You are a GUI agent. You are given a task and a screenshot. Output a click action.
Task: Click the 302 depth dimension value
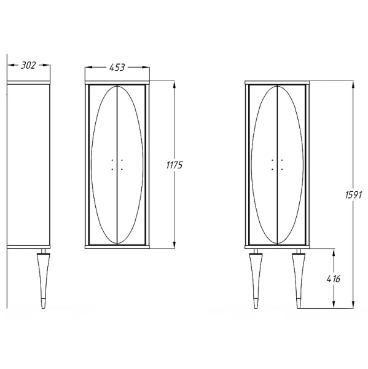click(28, 65)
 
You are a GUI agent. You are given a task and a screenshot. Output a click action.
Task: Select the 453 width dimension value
click(117, 68)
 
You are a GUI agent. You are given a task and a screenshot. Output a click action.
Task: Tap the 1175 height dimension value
click(174, 165)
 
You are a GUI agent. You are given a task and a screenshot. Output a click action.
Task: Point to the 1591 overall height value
click(353, 195)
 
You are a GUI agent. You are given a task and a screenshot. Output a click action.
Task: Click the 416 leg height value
click(334, 279)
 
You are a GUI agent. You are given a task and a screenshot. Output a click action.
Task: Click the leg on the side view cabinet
click(44, 279)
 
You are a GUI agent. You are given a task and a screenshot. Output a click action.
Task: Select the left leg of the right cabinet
click(256, 279)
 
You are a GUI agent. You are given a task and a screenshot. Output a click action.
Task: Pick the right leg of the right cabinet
click(299, 279)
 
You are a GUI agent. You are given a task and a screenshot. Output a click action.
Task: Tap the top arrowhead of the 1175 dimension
click(174, 85)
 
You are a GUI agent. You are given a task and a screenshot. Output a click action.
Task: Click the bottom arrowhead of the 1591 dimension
click(353, 304)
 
